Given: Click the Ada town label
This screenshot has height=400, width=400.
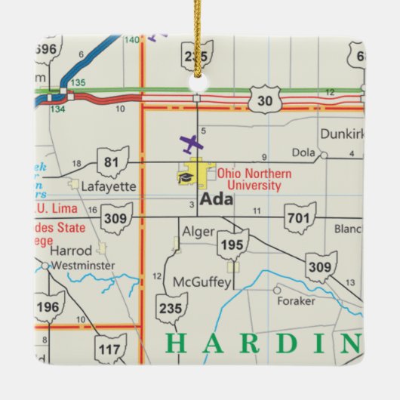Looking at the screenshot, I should (x=217, y=201).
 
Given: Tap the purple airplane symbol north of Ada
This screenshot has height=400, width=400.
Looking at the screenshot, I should (x=192, y=143).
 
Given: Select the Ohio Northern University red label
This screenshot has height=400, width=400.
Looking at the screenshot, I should (x=250, y=180).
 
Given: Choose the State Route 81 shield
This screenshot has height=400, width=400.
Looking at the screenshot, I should (x=112, y=162).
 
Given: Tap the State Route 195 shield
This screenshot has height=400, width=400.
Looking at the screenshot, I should (x=232, y=245).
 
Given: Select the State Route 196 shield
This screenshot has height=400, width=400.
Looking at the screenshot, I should (x=50, y=306).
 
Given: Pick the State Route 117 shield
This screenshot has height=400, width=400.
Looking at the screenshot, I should (x=111, y=348).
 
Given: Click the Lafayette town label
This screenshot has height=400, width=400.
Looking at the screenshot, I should (x=109, y=186).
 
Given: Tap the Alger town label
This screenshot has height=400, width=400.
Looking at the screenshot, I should (x=198, y=232).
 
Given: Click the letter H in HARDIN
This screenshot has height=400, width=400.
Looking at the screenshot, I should (x=175, y=343).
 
